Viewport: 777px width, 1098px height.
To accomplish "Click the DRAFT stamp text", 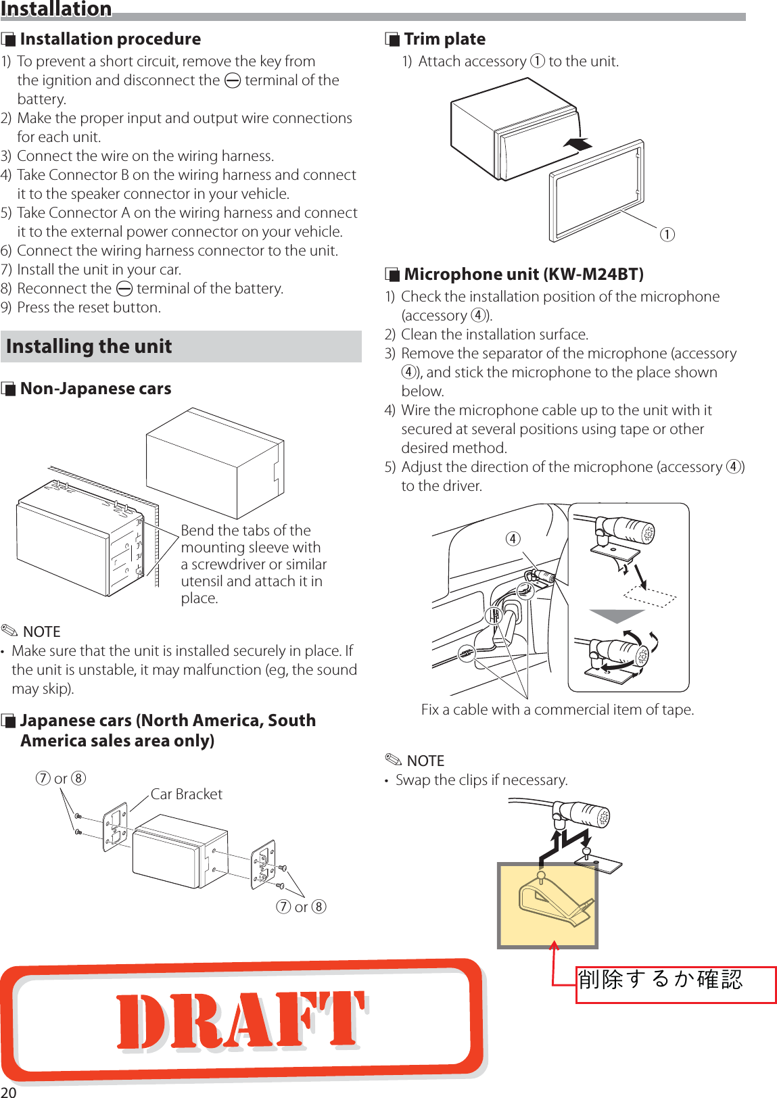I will click(x=241, y=1021).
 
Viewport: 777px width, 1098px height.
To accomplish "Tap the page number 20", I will click(x=9, y=1091).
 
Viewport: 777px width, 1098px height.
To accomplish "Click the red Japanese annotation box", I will click(x=675, y=984).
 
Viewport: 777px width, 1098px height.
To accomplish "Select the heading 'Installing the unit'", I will click(x=89, y=346).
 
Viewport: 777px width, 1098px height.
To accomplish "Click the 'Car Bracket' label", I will click(x=186, y=794).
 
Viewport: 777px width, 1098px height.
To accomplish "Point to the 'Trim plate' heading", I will click(x=444, y=39).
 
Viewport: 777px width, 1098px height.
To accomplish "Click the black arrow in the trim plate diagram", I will click(x=578, y=144).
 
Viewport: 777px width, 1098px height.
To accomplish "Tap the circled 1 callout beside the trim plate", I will click(x=667, y=235).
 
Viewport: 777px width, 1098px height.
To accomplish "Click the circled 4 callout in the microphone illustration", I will click(x=513, y=538).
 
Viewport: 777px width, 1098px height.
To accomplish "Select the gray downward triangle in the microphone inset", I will click(x=617, y=616).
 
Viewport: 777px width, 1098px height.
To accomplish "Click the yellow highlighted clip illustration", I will click(x=548, y=905).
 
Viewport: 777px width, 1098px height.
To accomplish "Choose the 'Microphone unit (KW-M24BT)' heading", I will click(x=523, y=274).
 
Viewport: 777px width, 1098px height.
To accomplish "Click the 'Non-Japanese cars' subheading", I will click(x=95, y=389).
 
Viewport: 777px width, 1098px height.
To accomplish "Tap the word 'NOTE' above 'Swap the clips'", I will click(x=425, y=761).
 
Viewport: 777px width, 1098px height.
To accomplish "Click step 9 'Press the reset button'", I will click(x=89, y=308).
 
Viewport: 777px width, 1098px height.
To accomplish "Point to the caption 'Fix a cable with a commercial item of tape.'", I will click(x=557, y=709).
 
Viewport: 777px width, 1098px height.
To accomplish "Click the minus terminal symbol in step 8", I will click(x=124, y=289).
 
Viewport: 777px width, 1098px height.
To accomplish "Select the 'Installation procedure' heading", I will click(x=110, y=39).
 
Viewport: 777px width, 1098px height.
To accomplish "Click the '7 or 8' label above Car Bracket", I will click(x=61, y=778).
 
